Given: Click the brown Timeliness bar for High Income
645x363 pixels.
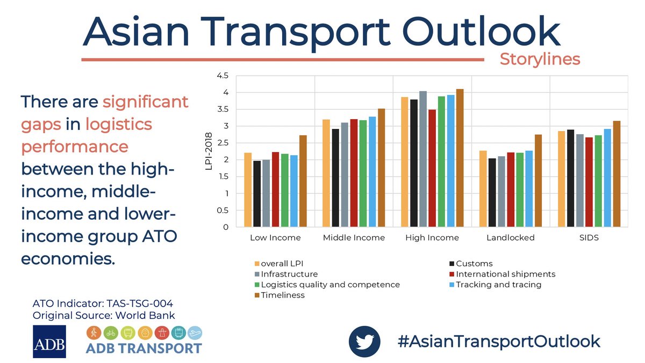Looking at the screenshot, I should click(x=460, y=158).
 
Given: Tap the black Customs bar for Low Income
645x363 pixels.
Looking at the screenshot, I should click(x=257, y=194).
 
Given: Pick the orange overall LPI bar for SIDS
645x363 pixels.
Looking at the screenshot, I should click(x=561, y=179).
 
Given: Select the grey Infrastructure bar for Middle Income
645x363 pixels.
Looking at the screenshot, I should click(x=344, y=175).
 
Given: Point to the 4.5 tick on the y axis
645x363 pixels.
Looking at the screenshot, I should click(x=221, y=76).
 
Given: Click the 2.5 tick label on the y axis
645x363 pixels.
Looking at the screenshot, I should click(x=221, y=143).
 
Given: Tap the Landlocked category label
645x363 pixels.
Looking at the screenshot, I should click(x=510, y=237).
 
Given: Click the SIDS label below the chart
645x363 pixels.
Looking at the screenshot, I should click(x=589, y=237).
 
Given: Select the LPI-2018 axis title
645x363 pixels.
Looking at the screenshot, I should click(x=210, y=151).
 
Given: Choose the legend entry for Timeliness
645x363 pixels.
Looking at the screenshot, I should click(x=283, y=295).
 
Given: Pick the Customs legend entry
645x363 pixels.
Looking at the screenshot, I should click(x=474, y=264).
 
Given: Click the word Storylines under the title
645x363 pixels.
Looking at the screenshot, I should click(x=540, y=59).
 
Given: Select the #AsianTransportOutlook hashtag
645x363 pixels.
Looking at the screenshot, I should click(x=498, y=341).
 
